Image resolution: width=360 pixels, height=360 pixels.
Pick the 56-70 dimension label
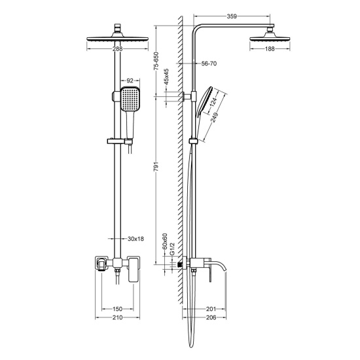[x=209, y=64]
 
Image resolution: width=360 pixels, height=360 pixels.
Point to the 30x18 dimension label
[x=135, y=239]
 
